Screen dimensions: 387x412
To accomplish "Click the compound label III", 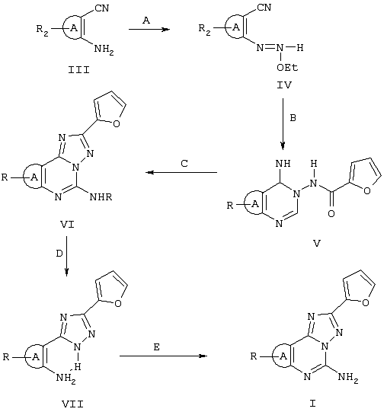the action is [x=79, y=70].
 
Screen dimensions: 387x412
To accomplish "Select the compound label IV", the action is [x=284, y=85].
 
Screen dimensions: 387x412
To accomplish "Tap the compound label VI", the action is [x=67, y=225].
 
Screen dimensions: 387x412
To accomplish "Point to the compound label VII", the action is [x=73, y=404].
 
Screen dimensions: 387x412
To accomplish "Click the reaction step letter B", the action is [x=293, y=118].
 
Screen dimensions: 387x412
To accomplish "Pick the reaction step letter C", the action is [x=184, y=164].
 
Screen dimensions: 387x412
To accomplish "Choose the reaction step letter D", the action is [x=59, y=254].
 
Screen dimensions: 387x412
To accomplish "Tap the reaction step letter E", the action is [x=156, y=347].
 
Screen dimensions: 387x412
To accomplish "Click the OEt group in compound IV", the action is [x=287, y=68].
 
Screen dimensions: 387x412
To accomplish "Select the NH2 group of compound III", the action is [x=104, y=50].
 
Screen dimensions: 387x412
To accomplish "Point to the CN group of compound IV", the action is [x=264, y=7].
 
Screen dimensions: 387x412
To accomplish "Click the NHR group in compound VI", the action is [x=101, y=196].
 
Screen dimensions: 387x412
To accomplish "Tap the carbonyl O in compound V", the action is [x=331, y=214].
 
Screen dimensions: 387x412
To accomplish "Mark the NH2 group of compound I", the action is [x=348, y=378].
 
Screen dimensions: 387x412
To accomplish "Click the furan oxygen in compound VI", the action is [x=117, y=123].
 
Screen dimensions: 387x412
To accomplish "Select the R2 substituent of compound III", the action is [x=43, y=30].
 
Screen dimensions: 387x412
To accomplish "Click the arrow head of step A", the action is [x=165, y=29].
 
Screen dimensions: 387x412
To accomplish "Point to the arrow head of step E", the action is [x=203, y=356].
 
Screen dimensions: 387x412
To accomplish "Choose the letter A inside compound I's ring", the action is [x=283, y=356].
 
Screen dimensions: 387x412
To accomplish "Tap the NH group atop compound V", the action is [x=283, y=164].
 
